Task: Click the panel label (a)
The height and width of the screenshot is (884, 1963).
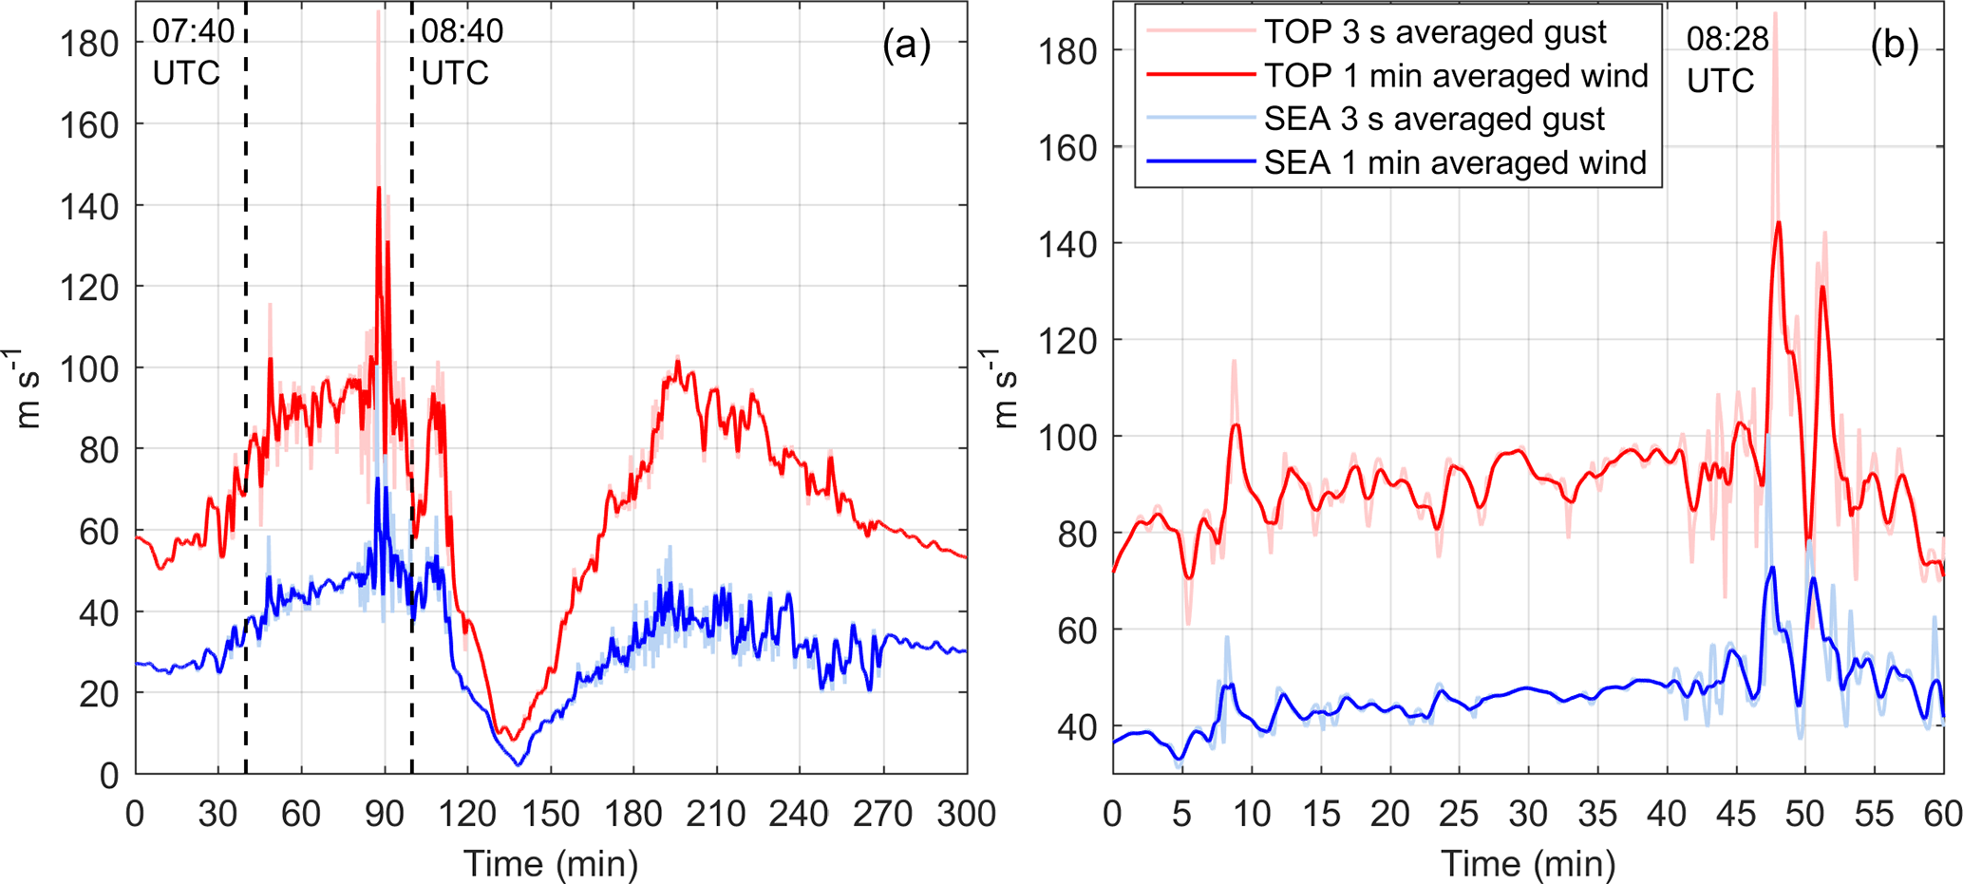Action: click(906, 45)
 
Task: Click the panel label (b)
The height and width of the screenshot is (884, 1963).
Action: click(1895, 45)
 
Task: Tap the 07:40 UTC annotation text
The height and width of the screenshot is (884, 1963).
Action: click(193, 51)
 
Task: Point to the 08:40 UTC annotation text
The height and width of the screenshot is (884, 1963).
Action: click(462, 51)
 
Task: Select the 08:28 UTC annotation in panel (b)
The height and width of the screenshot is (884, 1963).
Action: click(1727, 59)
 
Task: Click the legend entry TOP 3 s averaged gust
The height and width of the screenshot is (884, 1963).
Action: click(1434, 31)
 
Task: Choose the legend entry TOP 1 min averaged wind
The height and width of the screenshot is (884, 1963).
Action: click(1455, 75)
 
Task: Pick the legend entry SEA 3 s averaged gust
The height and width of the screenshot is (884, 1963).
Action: click(1433, 119)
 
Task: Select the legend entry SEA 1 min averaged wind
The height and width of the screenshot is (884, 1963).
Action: click(1454, 162)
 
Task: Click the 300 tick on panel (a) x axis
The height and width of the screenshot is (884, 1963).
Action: click(966, 814)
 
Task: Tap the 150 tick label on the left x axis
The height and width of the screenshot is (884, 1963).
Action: click(551, 814)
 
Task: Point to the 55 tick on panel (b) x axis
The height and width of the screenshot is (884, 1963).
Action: click(1875, 814)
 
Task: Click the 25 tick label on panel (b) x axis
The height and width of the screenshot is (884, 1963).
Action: click(1459, 814)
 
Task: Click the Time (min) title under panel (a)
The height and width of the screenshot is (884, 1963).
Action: click(550, 863)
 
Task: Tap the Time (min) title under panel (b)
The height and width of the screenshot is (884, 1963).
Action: click(1527, 863)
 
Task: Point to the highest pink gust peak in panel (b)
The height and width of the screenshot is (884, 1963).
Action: click(1774, 15)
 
